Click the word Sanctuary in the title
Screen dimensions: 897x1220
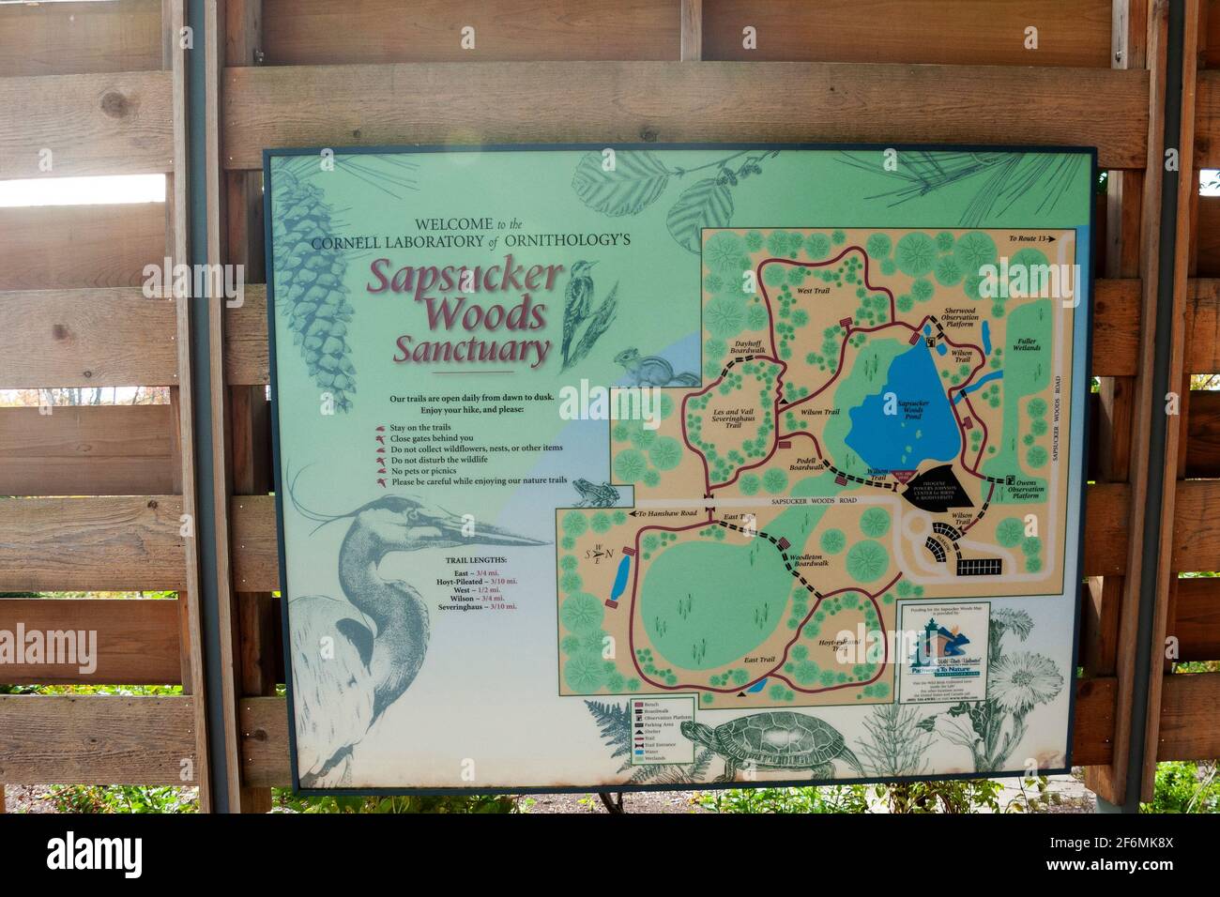tap(471, 351)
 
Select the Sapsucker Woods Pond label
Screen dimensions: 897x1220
tap(911, 409)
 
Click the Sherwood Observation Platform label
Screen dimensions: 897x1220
tap(967, 319)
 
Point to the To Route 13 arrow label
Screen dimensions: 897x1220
tap(1029, 239)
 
